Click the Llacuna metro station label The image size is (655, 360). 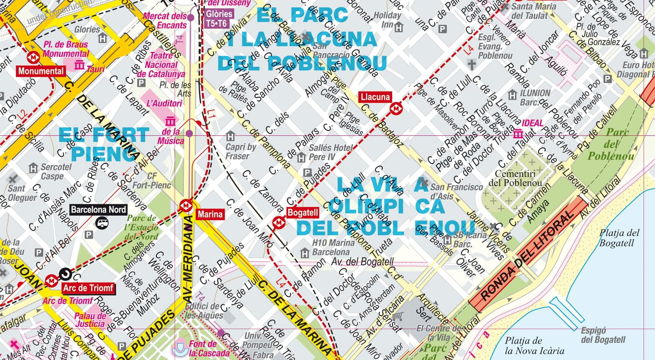pos(375,97)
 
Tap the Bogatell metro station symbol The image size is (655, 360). pos(278,223)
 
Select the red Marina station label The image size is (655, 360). pos(210,214)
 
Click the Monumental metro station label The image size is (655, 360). pos(41,71)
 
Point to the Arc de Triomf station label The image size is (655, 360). pos(88,288)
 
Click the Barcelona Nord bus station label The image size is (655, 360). pos(98,209)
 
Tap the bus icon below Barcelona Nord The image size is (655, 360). pos(102,223)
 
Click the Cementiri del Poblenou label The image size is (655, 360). pos(515,178)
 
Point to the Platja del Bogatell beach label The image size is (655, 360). pos(619,238)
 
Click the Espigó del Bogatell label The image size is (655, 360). pos(603,335)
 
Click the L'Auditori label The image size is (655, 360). pos(164,103)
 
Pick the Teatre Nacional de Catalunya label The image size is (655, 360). pos(161,65)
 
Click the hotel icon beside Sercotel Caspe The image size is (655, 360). pos(33,168)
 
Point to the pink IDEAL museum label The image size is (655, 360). pos(533,123)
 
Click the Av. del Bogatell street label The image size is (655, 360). pos(362,262)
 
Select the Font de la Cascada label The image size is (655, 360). pos(209,349)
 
